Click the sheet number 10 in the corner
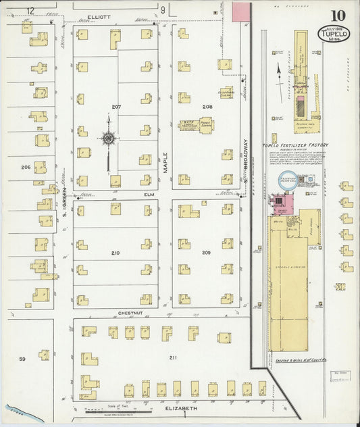pos(338,14)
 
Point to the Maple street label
pos(164,163)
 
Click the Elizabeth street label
pos(181,409)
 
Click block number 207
pos(116,107)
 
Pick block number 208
pos(207,107)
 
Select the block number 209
pos(206,253)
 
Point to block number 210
pos(115,253)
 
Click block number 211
pos(173,357)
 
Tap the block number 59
pos(22,359)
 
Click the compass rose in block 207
pos(108,139)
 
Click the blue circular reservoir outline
pos(288,180)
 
